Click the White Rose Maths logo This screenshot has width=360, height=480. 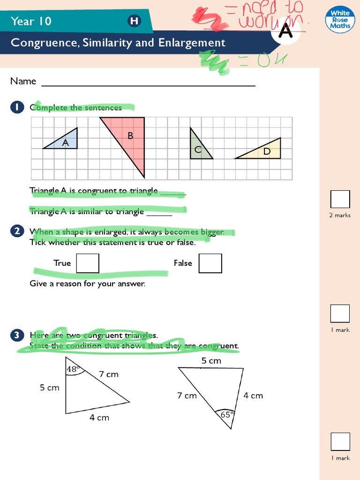(340, 19)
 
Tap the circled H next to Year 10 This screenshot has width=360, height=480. (134, 21)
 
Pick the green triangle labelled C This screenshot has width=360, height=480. (198, 149)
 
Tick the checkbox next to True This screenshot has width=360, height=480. (88, 263)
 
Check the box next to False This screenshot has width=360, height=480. (210, 263)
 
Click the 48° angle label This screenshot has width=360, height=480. (72, 369)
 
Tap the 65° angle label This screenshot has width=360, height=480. (226, 414)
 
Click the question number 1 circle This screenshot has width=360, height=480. (16, 107)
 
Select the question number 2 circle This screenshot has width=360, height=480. (16, 231)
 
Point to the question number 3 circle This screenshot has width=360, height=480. (16, 335)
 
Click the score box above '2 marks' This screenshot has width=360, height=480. (340, 199)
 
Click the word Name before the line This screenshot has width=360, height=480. (23, 81)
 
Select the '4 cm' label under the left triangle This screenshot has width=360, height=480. (99, 418)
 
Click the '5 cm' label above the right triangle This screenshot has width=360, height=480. (211, 361)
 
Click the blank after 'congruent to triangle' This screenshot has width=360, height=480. (173, 192)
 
